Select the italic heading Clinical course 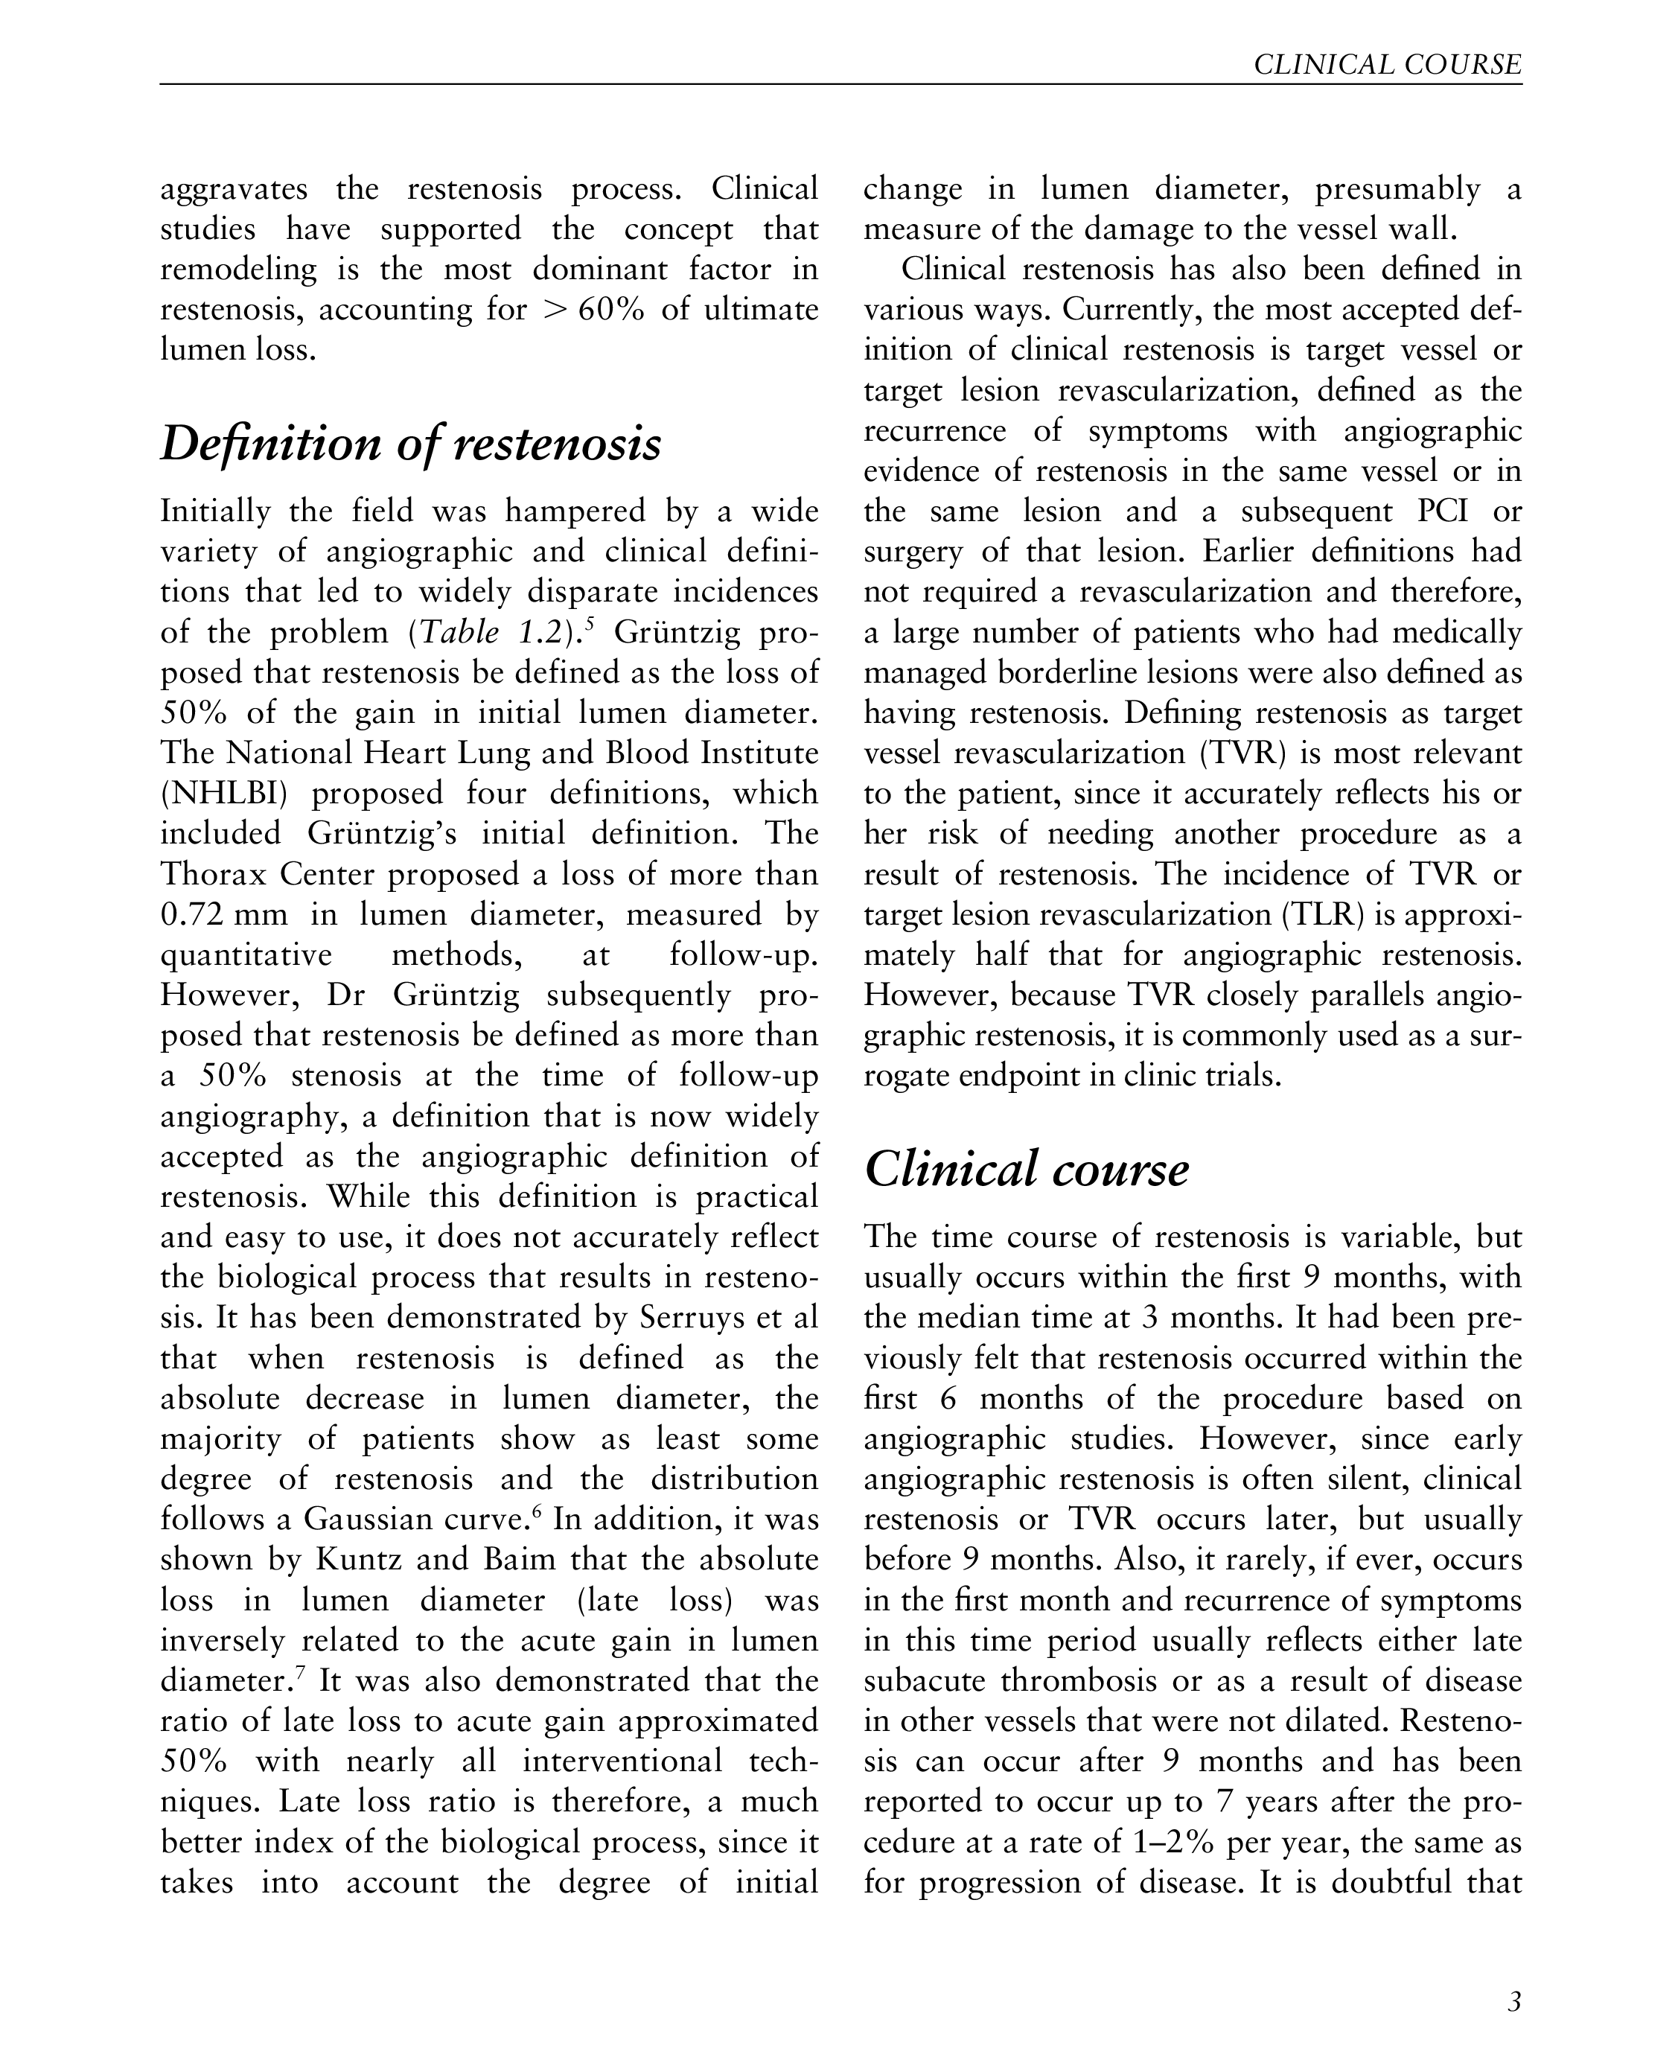tap(1026, 1170)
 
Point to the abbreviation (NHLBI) tap(224, 794)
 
